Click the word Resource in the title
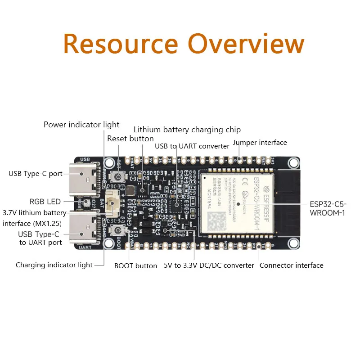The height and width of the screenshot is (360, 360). click(121, 44)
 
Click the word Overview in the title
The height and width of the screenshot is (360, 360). click(246, 44)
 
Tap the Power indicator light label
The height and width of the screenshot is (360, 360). click(81, 125)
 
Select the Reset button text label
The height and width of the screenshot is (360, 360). click(130, 139)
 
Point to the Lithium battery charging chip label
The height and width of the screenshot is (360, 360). click(187, 130)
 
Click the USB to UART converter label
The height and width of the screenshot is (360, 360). click(192, 146)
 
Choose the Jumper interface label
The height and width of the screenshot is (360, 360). click(260, 143)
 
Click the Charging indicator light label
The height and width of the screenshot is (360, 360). click(54, 265)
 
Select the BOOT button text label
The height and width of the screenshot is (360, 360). click(135, 265)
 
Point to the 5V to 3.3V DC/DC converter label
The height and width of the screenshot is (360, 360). click(209, 265)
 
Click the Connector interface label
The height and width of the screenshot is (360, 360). click(292, 265)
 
